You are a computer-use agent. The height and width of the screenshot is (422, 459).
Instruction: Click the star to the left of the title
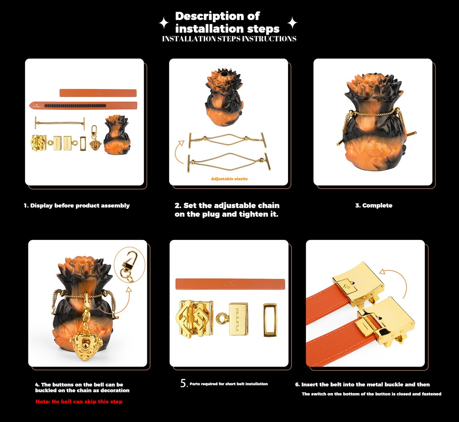point(164,23)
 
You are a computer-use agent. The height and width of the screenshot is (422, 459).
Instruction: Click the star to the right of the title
point(292,23)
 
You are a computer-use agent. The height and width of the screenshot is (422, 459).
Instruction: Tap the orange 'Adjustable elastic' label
point(229,179)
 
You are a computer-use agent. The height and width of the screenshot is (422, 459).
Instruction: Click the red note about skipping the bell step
point(79,402)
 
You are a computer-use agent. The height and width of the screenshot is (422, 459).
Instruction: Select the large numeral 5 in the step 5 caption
point(183,383)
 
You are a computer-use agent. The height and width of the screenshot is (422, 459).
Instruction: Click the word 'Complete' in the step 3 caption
point(377,205)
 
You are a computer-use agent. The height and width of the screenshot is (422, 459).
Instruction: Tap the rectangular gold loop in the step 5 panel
point(270,319)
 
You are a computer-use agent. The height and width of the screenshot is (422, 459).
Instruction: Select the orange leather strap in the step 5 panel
point(230,284)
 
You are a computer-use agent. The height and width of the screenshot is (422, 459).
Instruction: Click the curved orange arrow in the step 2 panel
point(179,151)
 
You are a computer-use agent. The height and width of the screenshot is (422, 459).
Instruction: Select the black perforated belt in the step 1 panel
point(83,105)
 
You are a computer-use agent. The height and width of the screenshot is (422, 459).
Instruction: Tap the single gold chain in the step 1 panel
point(60,123)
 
